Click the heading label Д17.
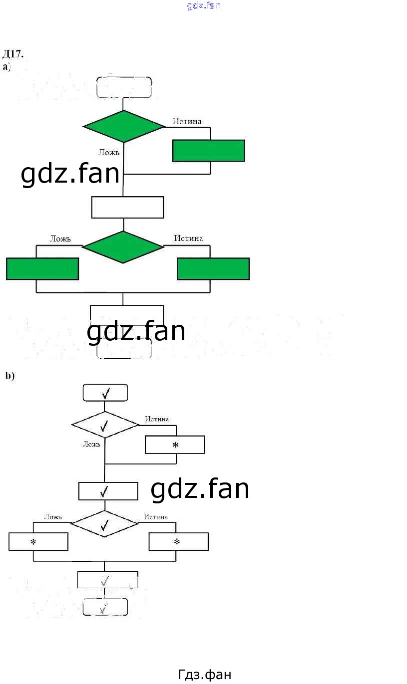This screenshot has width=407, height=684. point(13,54)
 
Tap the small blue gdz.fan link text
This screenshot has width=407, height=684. point(204,6)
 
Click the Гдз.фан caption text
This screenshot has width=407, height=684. point(204,675)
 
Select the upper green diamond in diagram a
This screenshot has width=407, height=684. point(123,126)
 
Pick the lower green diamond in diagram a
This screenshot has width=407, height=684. point(123,247)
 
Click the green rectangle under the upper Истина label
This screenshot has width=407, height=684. point(208,151)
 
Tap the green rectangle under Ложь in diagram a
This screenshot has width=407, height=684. point(42,268)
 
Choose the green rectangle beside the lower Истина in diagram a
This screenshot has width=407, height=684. point(213,268)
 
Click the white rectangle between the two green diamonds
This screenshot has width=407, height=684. point(127,207)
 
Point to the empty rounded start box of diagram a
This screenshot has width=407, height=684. point(124,87)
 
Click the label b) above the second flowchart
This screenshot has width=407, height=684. point(10,376)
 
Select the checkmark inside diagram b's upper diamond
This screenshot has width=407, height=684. point(104,426)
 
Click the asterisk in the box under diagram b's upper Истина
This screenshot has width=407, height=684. point(175,445)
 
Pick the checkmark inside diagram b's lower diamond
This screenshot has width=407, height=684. point(104,524)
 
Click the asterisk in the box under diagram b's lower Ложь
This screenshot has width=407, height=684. point(33,542)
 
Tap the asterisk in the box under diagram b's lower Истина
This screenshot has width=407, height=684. point(176,542)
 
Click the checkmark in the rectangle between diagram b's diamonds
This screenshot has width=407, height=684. point(104,491)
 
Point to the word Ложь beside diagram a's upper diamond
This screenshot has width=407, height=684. point(108,152)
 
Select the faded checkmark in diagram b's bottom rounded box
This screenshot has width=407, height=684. point(104,608)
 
